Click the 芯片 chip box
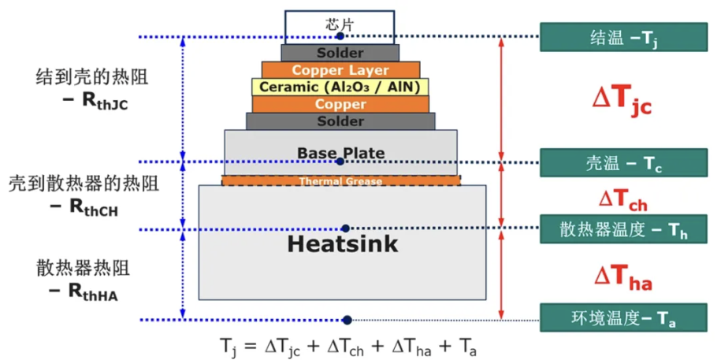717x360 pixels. click(x=340, y=28)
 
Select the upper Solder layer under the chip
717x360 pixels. click(x=340, y=53)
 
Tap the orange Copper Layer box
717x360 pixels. click(x=340, y=70)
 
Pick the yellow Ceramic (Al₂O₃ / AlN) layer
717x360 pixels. click(x=340, y=87)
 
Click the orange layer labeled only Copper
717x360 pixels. click(x=340, y=104)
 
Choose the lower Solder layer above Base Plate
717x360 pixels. click(x=340, y=121)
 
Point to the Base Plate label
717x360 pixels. click(x=340, y=153)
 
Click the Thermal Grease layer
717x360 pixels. click(x=341, y=180)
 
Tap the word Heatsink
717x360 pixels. click(x=343, y=244)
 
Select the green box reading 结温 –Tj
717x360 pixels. click(x=624, y=37)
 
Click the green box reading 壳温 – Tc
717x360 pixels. click(x=624, y=163)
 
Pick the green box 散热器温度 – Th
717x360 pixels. click(x=624, y=228)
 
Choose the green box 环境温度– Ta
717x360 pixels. click(x=624, y=317)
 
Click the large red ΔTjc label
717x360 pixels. click(x=622, y=100)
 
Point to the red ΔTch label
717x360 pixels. click(x=622, y=200)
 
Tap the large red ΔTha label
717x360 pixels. click(x=622, y=277)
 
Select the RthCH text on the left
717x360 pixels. click(x=93, y=207)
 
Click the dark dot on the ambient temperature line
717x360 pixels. click(x=347, y=320)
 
